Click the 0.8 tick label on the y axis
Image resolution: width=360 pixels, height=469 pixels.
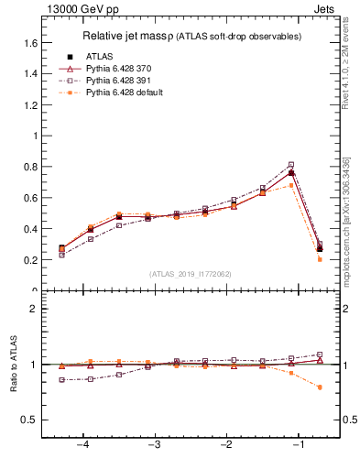click(x=29, y=167)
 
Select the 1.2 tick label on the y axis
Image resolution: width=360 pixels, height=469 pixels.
click(x=29, y=104)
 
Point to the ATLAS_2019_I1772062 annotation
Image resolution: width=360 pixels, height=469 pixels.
click(x=191, y=274)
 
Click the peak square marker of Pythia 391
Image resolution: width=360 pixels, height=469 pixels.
click(x=291, y=165)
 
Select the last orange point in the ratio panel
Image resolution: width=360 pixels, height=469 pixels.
click(x=320, y=387)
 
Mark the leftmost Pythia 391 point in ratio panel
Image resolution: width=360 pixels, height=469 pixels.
click(x=61, y=379)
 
